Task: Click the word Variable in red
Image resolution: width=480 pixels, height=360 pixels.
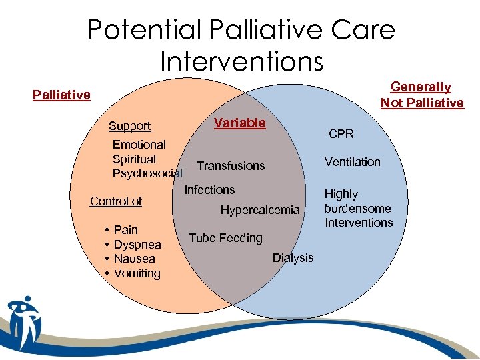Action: coord(239,123)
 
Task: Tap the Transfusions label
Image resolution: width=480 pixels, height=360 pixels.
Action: coord(231,166)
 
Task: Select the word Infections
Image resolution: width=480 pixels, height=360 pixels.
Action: coord(209,190)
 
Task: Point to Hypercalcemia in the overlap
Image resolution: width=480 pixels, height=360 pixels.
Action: coord(260,210)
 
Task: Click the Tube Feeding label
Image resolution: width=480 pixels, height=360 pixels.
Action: coord(225,238)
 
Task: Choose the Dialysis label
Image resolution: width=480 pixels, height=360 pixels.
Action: coord(293,258)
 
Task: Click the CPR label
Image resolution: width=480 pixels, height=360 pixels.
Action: coord(341,134)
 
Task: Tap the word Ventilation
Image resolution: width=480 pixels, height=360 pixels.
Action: coord(352,162)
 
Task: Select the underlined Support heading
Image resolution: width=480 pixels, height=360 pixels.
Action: coord(129,126)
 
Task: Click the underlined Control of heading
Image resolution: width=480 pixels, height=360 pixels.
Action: coord(116,201)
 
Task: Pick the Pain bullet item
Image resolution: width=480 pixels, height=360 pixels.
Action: coord(125,230)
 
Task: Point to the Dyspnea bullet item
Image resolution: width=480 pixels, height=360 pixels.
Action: coord(137,245)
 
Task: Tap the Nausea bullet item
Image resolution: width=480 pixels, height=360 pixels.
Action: coord(134,259)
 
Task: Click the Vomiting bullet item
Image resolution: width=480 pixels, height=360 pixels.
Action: coord(137,273)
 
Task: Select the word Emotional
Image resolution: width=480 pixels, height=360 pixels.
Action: coord(139,145)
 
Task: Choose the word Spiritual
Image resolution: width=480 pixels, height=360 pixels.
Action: coord(134,159)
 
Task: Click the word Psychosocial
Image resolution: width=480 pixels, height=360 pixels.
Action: coord(147,174)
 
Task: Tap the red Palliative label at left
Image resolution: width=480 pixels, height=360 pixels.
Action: coord(61,95)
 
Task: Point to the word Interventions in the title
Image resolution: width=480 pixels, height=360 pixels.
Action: coord(241,61)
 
